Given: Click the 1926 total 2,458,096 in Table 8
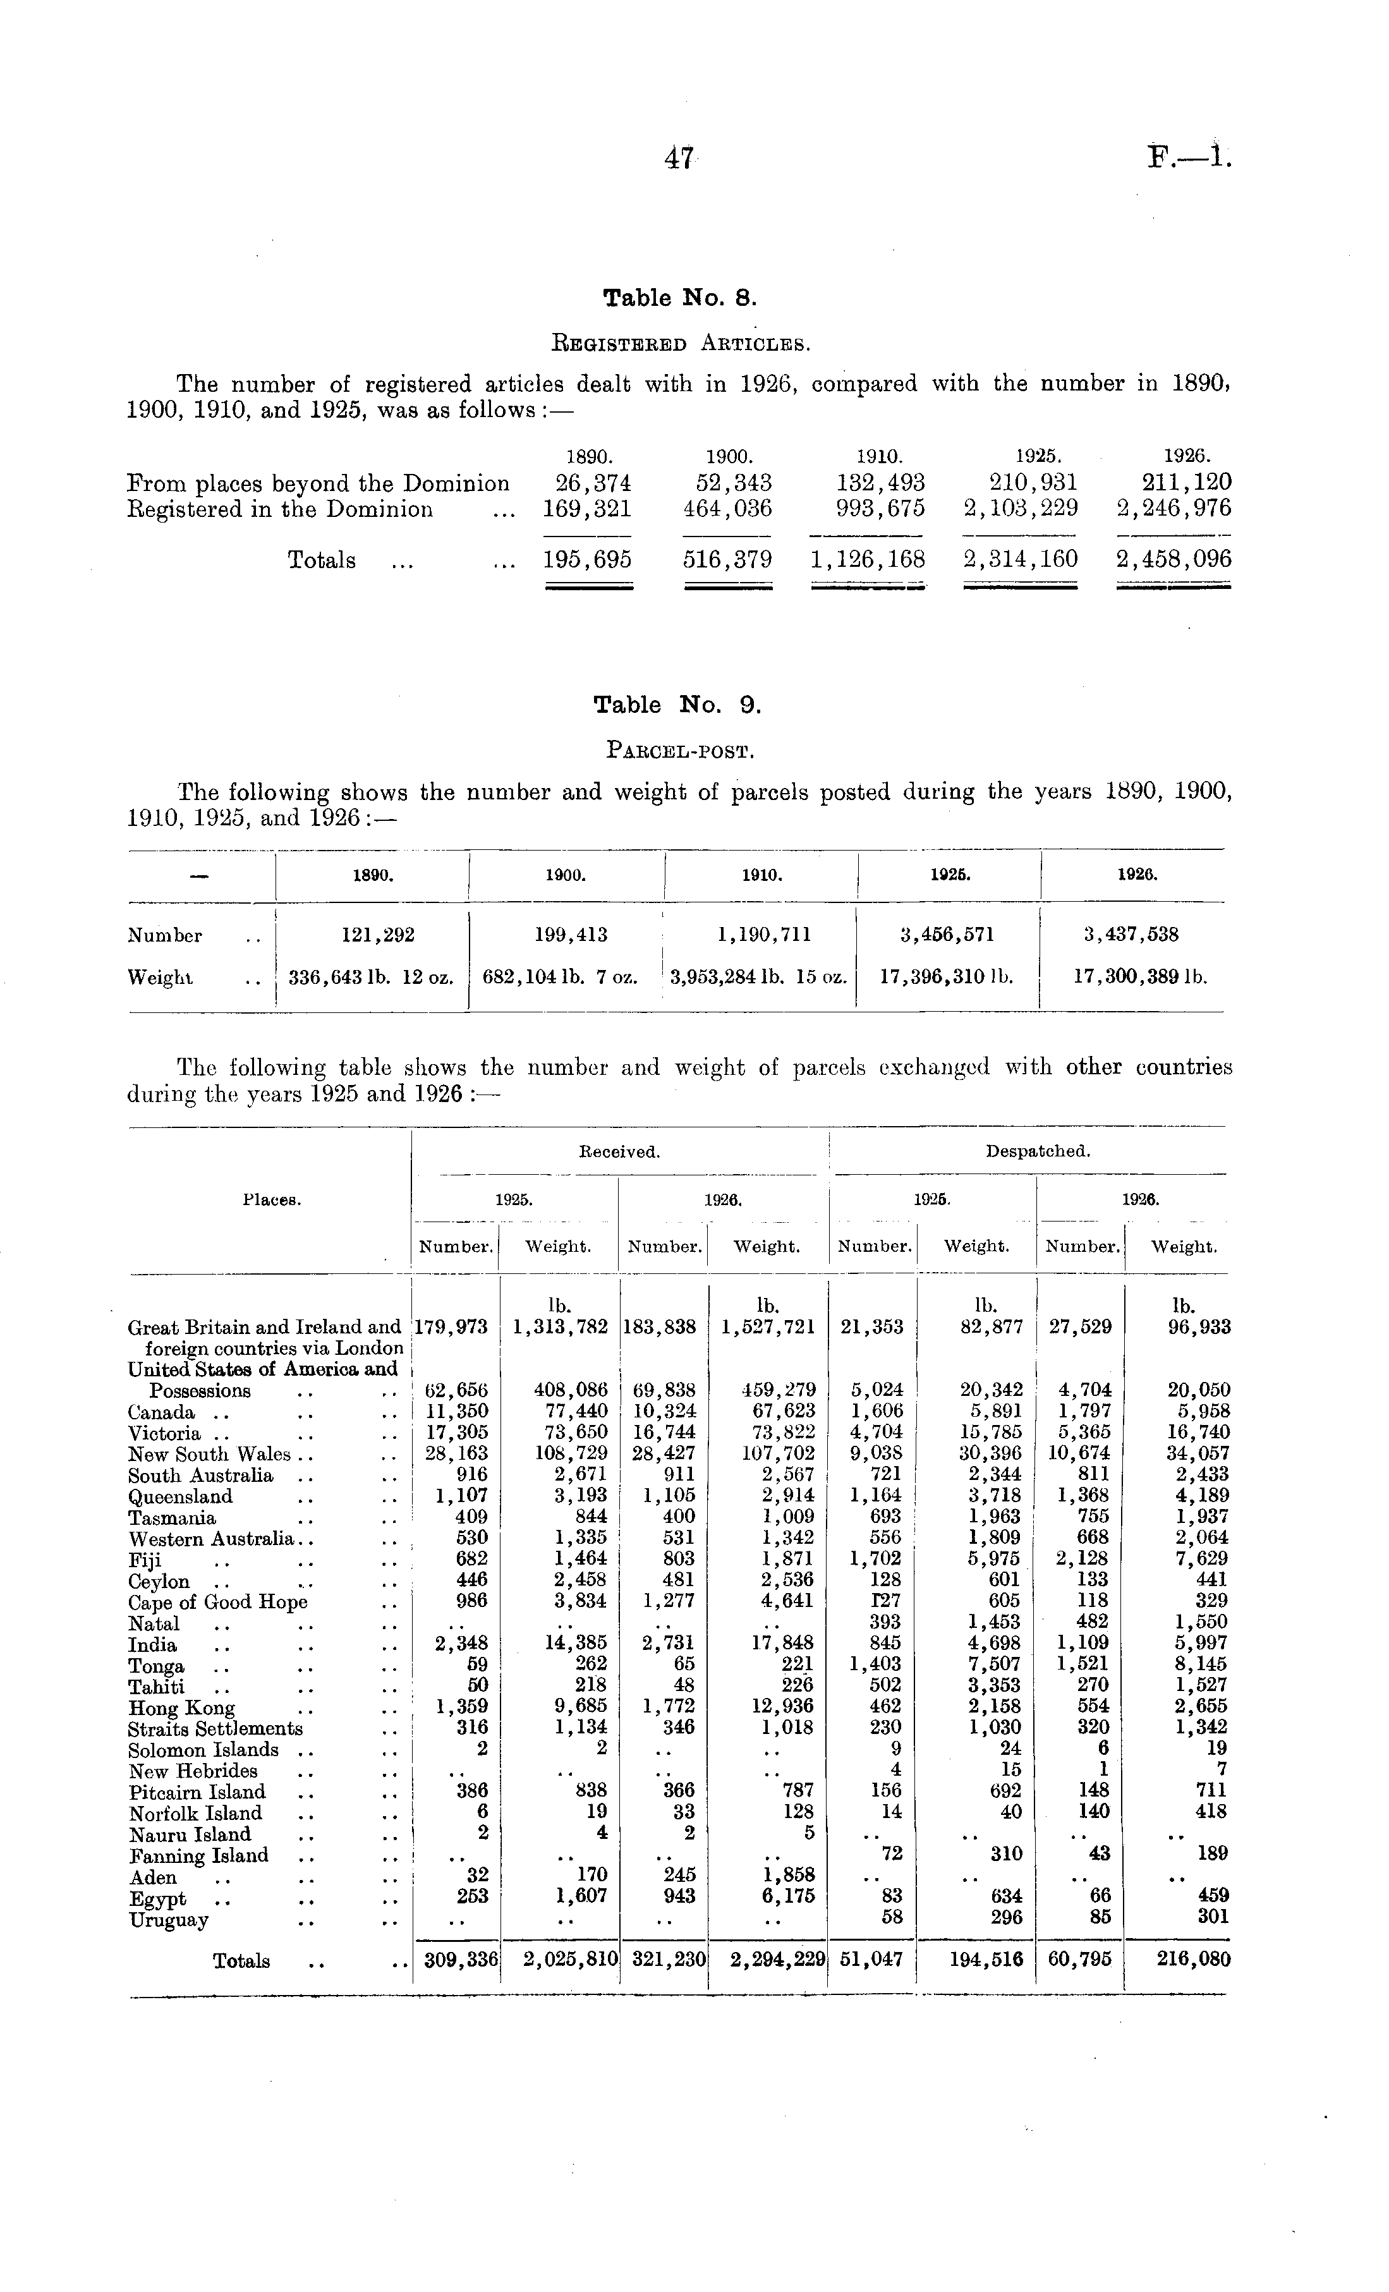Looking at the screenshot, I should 1174,559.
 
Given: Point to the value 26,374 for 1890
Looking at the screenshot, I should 587,483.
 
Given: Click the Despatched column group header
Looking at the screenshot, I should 1038,1151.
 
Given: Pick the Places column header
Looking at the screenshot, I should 270,1200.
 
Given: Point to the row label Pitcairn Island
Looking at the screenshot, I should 197,1792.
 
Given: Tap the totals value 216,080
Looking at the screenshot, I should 1194,1960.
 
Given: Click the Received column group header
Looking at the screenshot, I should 619,1151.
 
